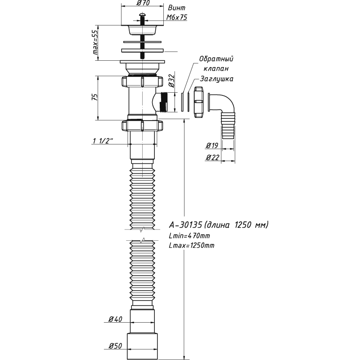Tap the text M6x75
click(x=177, y=17)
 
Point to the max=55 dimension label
click(x=95, y=43)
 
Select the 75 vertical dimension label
click(x=95, y=97)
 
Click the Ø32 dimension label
click(x=171, y=81)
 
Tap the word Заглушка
click(x=216, y=78)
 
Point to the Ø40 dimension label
click(x=115, y=319)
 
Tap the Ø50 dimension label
click(x=115, y=346)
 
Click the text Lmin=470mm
click(x=189, y=236)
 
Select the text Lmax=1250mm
click(x=191, y=245)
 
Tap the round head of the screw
click(x=142, y=17)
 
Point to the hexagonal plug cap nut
click(x=198, y=103)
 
